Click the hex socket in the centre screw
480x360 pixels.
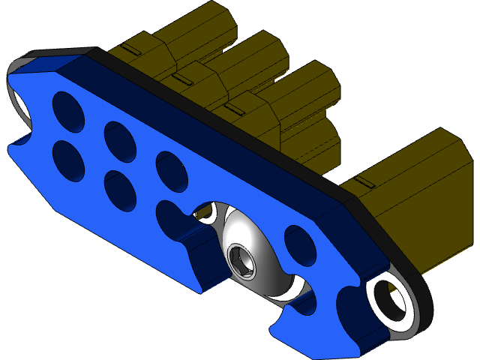pos(241,259)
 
